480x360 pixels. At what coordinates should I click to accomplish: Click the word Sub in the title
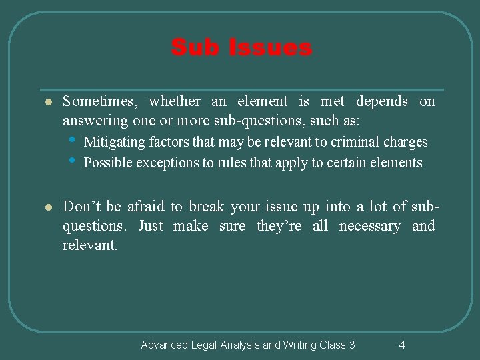click(x=191, y=48)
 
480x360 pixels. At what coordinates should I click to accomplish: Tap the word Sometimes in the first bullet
click(x=101, y=101)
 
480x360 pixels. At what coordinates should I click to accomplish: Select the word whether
click(x=175, y=101)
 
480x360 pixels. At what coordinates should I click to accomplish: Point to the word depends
click(x=381, y=101)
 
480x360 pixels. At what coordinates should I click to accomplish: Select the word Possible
click(x=105, y=162)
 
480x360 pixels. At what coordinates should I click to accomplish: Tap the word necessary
click(x=370, y=226)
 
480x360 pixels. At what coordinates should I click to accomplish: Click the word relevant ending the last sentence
click(x=89, y=245)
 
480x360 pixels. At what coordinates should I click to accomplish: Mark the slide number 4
click(x=401, y=345)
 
